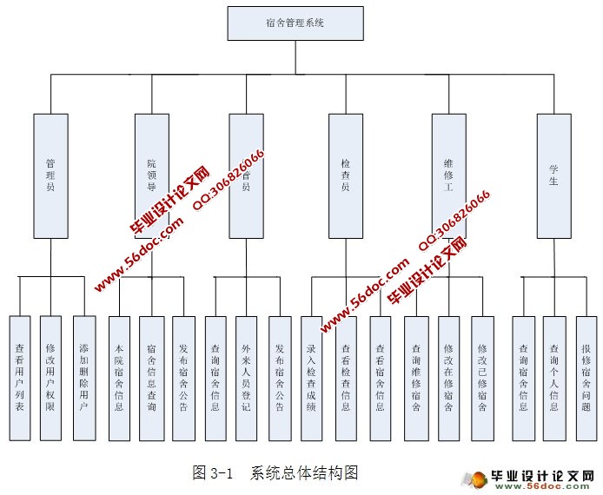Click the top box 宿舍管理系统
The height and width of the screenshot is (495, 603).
pos(295,23)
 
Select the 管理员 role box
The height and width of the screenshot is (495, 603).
pos(50,175)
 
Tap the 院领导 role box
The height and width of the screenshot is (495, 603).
pos(151,175)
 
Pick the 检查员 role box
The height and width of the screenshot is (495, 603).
pos(346,175)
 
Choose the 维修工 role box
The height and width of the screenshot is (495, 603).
pos(448,175)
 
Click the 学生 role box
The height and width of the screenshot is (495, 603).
pos(553,175)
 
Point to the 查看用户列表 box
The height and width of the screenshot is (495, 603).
pos(20,378)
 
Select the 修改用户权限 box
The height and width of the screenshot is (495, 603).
pos(51,378)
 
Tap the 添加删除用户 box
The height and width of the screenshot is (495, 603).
pos(83,378)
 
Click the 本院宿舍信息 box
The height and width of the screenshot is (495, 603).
pos(120,378)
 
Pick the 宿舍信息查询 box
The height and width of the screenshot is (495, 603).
pos(151,378)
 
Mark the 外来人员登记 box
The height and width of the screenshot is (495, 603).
pos(247,378)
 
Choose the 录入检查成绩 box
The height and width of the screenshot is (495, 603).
pos(312,378)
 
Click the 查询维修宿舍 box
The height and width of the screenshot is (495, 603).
pos(416,378)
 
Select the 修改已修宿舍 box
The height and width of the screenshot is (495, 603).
pos(482,378)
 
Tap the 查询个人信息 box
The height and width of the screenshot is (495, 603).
pos(554,378)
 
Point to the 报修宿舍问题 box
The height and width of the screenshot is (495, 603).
pos(586,378)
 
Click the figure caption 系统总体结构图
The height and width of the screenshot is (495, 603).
pos(304,473)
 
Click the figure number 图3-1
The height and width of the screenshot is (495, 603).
pos(213,473)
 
